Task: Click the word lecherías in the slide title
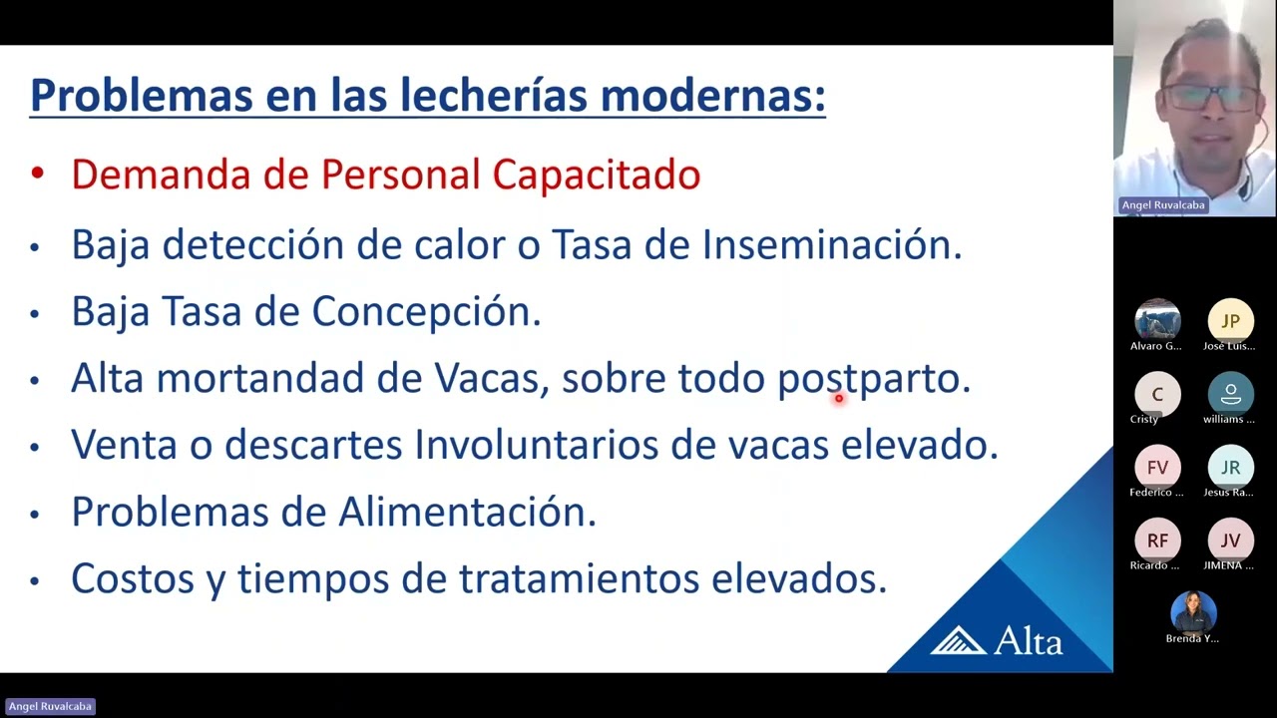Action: click(x=494, y=95)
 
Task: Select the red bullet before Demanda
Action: click(x=38, y=174)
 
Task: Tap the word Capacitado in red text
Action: click(x=597, y=175)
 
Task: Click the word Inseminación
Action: click(x=832, y=244)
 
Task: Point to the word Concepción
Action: click(x=426, y=312)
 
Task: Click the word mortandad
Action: click(x=260, y=377)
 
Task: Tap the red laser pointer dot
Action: click(x=839, y=398)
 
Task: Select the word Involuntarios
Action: click(x=536, y=445)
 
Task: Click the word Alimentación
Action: click(x=468, y=512)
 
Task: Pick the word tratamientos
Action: click(x=580, y=578)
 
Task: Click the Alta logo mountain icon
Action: click(x=959, y=640)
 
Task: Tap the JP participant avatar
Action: click(x=1230, y=321)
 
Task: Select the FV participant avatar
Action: click(x=1157, y=468)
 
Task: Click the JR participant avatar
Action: click(x=1230, y=468)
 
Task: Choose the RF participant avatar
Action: click(x=1157, y=540)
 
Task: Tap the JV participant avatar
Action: click(x=1230, y=540)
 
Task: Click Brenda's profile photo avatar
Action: click(x=1194, y=613)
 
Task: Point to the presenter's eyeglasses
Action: click(x=1210, y=98)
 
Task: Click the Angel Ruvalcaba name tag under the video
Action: click(x=1163, y=205)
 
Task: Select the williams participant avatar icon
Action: click(x=1230, y=394)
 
